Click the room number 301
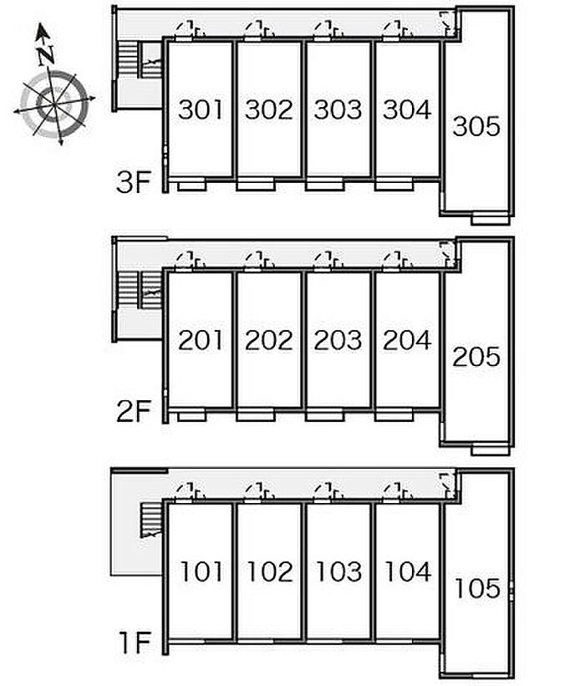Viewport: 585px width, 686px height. point(201,109)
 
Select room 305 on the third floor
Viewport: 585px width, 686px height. point(476,126)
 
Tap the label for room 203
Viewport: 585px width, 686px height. point(338,340)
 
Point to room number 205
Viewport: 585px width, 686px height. point(476,357)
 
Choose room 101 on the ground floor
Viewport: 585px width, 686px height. point(201,572)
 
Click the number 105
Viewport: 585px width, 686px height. point(477,588)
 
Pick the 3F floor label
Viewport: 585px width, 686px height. point(134,182)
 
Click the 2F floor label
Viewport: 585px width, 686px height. point(134,411)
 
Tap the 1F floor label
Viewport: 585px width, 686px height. point(135,643)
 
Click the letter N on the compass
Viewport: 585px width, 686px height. point(45,55)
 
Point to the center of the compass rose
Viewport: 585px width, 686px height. point(54,104)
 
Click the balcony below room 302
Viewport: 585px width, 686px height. point(256,185)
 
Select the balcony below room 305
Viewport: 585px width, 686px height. point(491,219)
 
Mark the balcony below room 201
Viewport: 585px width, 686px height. point(191,415)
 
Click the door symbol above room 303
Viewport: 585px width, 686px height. point(328,30)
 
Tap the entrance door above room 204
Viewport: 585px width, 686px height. point(397,261)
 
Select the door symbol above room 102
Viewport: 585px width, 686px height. point(259,492)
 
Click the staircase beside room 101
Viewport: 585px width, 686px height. point(151,520)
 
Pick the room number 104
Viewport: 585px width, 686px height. point(407,572)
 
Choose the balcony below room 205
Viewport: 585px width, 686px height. point(491,450)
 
